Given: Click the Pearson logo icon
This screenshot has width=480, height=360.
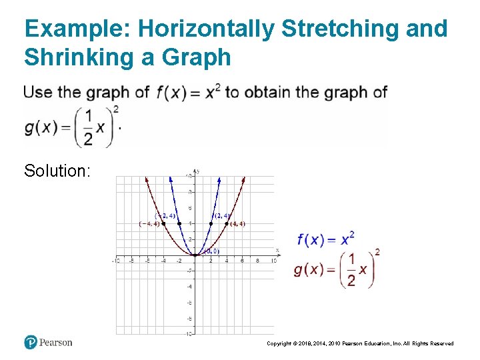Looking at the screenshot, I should (x=31, y=342).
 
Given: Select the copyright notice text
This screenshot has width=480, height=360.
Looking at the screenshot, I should (x=360, y=343).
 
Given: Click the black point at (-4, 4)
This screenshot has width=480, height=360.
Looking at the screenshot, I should (x=163, y=223).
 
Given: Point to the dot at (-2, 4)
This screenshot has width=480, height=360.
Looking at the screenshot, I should (x=179, y=223).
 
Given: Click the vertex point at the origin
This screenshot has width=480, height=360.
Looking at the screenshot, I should (x=195, y=255).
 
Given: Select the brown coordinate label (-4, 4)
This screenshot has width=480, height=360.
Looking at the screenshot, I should (x=149, y=224).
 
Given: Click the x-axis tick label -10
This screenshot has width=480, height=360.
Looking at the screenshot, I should (x=116, y=261).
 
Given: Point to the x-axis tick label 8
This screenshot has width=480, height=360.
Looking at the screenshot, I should (x=258, y=261).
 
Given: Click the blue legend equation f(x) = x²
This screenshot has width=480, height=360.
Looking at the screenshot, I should (x=325, y=238).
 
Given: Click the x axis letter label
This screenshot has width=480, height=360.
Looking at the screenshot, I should (x=277, y=250).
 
